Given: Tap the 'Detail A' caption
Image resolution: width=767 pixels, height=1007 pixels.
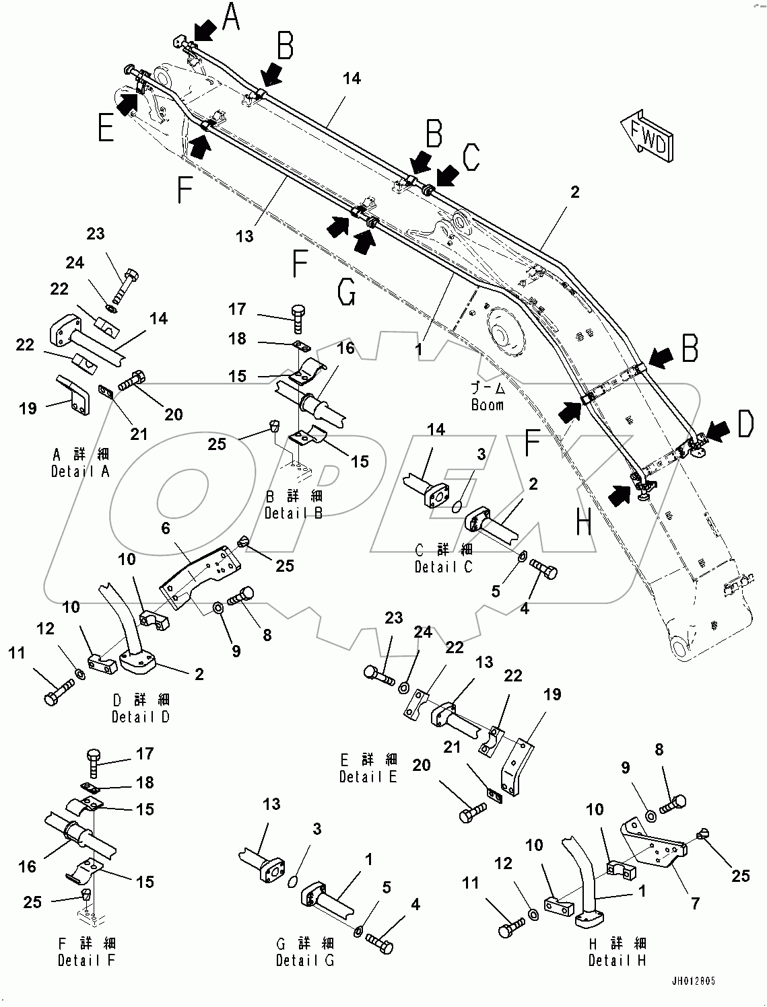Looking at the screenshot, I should pyautogui.click(x=80, y=472).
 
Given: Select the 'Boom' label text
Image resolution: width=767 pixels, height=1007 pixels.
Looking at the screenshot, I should pyautogui.click(x=487, y=405).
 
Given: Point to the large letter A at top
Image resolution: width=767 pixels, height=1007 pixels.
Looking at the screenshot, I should pyautogui.click(x=231, y=17).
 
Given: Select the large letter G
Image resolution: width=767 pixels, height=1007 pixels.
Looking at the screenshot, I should pyautogui.click(x=345, y=292).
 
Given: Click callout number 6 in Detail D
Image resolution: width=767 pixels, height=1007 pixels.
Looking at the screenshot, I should pyautogui.click(x=166, y=529).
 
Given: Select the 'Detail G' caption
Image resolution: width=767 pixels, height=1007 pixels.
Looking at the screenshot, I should pyautogui.click(x=304, y=960).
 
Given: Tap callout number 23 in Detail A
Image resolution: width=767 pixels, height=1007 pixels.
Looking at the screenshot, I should pyautogui.click(x=96, y=233).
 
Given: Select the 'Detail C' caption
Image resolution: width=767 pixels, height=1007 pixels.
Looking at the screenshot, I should pyautogui.click(x=443, y=567).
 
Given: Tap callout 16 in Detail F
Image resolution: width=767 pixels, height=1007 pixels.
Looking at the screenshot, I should pyautogui.click(x=27, y=866).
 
